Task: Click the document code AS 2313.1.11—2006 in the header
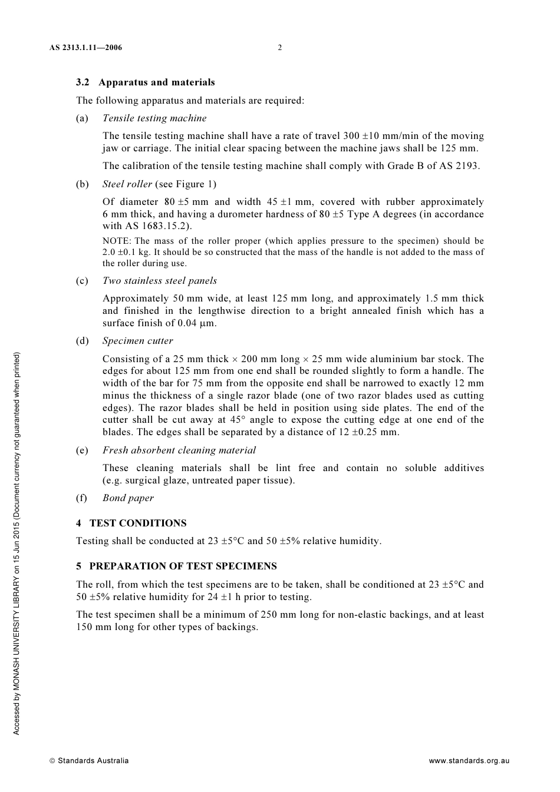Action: [x=85, y=48]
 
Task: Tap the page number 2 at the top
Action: [x=280, y=48]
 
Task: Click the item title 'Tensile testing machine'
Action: [x=154, y=118]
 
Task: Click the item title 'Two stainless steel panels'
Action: [x=159, y=281]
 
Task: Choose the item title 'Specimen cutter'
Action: [x=137, y=341]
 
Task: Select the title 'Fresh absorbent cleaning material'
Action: [x=179, y=450]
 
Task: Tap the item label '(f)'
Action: [x=82, y=498]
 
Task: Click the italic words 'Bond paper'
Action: [x=128, y=498]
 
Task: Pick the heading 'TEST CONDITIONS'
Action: [x=137, y=523]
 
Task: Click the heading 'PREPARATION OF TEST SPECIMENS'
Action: [x=183, y=566]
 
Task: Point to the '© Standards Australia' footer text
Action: [x=89, y=761]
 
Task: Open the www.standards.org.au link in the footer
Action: [x=469, y=761]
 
